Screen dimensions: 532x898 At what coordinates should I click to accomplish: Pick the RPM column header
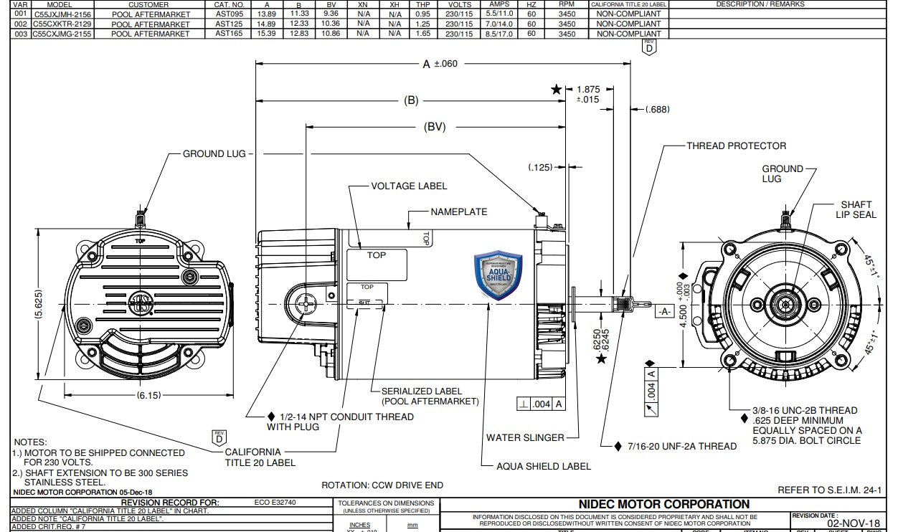(x=567, y=4)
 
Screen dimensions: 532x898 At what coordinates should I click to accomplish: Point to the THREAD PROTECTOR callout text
(x=736, y=146)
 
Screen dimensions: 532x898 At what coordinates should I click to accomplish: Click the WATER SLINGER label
(x=525, y=437)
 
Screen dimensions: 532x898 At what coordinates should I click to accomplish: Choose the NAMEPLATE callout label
(x=459, y=212)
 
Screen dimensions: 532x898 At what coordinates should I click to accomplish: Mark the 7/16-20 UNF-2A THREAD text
(x=681, y=446)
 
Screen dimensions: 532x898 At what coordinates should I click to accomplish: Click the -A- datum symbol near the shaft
(x=663, y=311)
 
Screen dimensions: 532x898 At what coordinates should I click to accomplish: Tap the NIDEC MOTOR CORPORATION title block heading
(x=663, y=504)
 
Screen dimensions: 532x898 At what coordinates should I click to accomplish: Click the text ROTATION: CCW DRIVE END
(x=382, y=485)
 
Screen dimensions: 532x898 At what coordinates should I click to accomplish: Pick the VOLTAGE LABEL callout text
(x=409, y=186)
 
